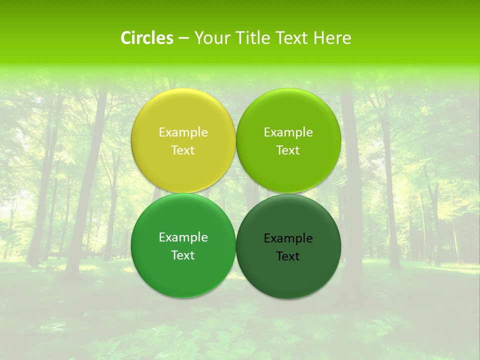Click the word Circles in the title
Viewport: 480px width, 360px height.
tap(146, 38)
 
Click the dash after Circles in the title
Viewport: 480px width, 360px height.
tap(183, 38)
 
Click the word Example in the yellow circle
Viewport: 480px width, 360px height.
tap(183, 132)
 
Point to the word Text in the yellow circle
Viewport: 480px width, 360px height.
tap(183, 150)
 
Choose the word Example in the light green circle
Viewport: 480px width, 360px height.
tap(288, 132)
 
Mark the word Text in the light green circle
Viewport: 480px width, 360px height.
tap(288, 150)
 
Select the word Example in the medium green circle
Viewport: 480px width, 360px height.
tap(183, 237)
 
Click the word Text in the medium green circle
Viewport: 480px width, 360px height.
tap(183, 255)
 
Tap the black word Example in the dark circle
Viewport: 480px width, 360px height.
tap(288, 238)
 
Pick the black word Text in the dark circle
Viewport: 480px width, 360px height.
tap(288, 256)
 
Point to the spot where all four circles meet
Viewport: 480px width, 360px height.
tap(236, 193)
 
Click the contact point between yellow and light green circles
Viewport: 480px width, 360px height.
tap(236, 141)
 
